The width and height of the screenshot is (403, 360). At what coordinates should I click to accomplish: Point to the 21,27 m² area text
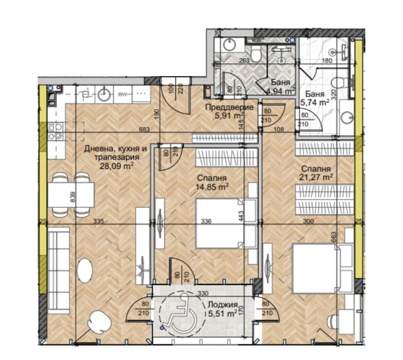point(315,175)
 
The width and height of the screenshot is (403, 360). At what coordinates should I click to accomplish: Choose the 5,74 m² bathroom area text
point(315,101)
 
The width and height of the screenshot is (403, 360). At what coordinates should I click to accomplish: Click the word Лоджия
point(224,306)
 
